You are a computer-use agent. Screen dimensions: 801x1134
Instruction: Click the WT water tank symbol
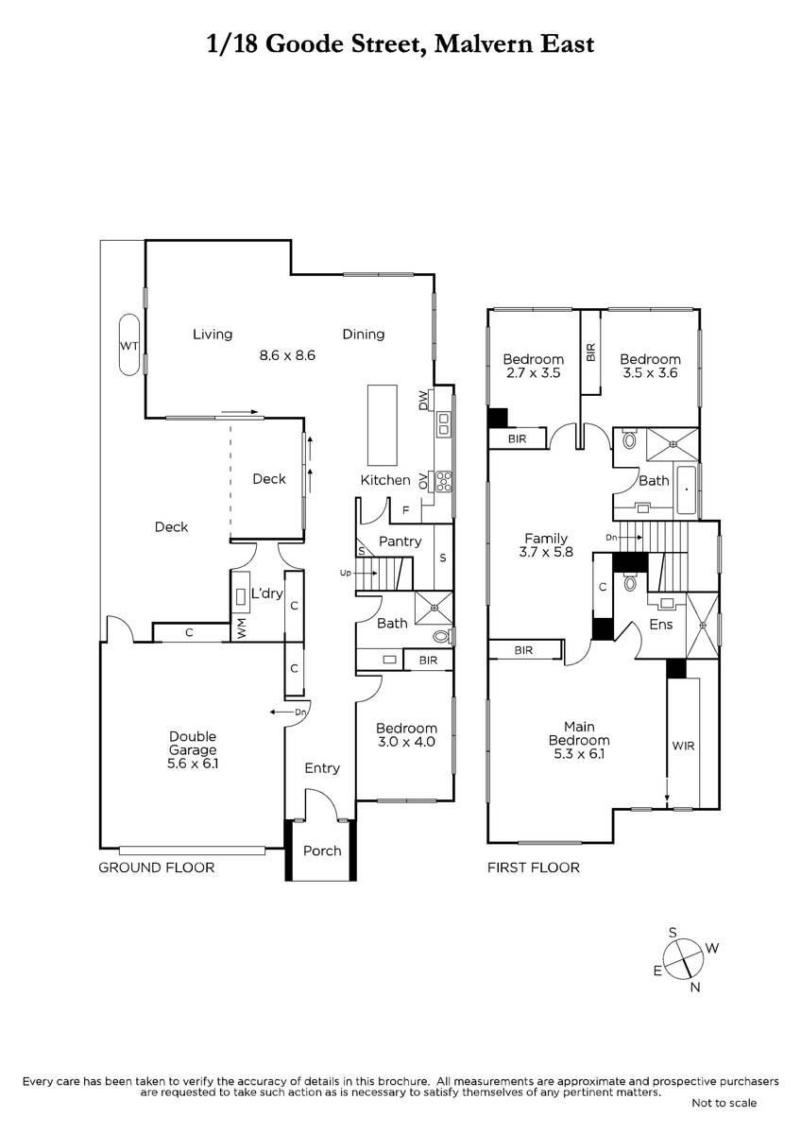[128, 344]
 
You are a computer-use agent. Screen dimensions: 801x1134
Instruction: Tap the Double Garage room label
[193, 743]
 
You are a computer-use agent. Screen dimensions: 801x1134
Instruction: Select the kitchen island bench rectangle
[382, 425]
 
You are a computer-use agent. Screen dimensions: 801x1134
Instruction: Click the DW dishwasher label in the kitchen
[423, 401]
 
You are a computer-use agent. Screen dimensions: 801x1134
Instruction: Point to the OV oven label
[423, 481]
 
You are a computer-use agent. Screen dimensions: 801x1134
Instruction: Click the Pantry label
[400, 541]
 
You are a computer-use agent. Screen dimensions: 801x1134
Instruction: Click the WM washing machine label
[241, 627]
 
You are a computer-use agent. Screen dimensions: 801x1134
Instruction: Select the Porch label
[322, 850]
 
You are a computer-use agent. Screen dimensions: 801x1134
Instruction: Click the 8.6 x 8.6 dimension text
[287, 355]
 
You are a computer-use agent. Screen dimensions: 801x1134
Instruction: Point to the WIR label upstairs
[683, 746]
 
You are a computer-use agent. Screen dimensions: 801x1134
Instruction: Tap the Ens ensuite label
[661, 625]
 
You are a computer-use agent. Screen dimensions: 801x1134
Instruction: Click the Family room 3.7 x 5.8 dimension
[546, 551]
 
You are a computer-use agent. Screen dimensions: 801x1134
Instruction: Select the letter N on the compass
[695, 987]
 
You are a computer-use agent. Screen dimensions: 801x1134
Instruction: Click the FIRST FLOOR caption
[534, 868]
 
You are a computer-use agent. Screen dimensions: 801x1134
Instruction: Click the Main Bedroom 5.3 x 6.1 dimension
[579, 754]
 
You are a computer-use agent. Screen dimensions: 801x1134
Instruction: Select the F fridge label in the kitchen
[405, 511]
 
